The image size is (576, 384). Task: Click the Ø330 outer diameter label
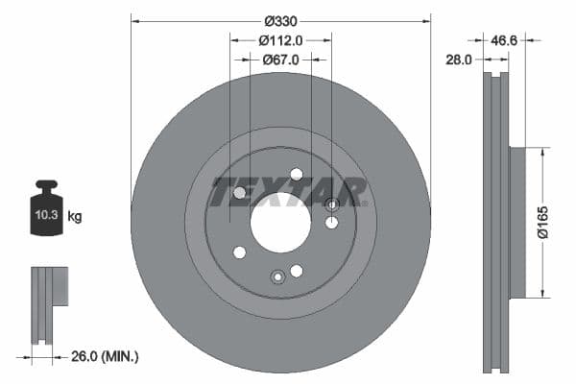279,21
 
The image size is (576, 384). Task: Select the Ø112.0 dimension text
281,40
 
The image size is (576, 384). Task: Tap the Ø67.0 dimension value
281,60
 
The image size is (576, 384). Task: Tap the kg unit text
74,217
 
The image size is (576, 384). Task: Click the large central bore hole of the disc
281,223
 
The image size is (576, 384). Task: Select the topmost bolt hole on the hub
296,174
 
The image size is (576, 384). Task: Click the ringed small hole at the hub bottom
277,276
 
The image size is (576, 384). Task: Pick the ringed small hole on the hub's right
332,204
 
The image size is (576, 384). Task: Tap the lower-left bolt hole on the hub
239,252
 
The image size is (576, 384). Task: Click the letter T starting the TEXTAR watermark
223,192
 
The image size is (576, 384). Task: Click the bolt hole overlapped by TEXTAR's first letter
239,193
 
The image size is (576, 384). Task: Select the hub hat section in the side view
517,223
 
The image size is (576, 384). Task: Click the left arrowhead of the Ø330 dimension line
134,21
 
